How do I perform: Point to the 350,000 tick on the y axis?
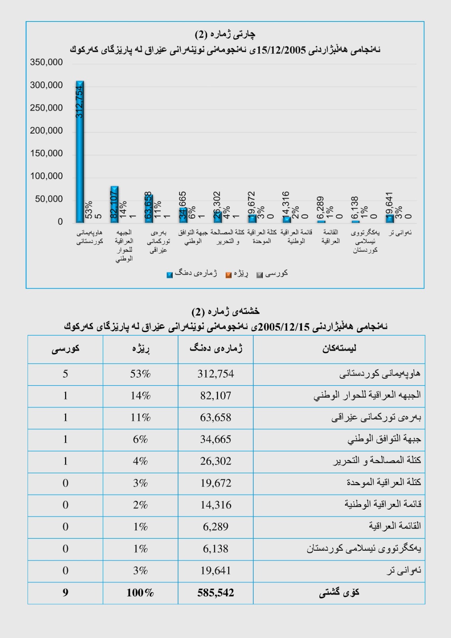[x=46, y=62]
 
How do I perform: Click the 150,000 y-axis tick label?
[x=46, y=154]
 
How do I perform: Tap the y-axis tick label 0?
[x=60, y=222]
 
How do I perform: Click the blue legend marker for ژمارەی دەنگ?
[x=170, y=275]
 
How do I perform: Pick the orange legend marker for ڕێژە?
[x=228, y=275]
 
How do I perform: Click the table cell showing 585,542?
[x=216, y=593]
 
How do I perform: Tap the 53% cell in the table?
[x=140, y=374]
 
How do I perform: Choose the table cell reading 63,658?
[x=216, y=417]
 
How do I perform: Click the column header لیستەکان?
[x=339, y=349]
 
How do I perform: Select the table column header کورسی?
[x=65, y=349]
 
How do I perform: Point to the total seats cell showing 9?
[x=65, y=593]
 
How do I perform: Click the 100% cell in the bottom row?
[x=140, y=593]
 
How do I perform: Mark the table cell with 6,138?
[x=216, y=549]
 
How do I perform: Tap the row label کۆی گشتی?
[x=339, y=593]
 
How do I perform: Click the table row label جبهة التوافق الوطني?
[x=384, y=439]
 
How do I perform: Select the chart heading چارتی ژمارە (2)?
[x=225, y=34]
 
